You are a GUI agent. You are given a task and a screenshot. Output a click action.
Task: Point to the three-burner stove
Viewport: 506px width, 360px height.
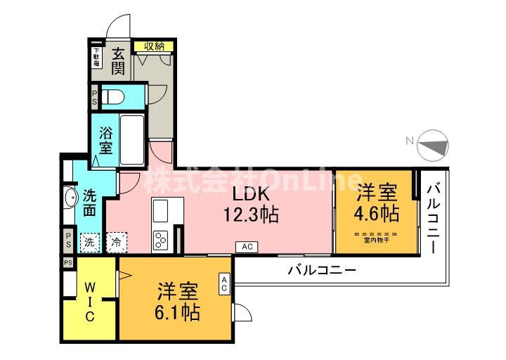coord(160,240)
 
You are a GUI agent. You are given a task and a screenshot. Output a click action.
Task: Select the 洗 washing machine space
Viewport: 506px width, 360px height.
coord(89,240)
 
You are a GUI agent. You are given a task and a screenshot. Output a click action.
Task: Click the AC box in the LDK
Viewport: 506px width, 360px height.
coord(247,247)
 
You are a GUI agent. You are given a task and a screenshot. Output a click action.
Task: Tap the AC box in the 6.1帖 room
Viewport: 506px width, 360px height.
coord(224,283)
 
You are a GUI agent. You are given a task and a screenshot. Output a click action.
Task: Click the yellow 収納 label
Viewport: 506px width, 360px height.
coord(155,46)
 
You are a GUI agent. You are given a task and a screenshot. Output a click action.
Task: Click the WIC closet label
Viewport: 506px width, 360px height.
coord(90,302)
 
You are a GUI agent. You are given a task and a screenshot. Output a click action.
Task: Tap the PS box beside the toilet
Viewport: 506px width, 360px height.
coord(95,97)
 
